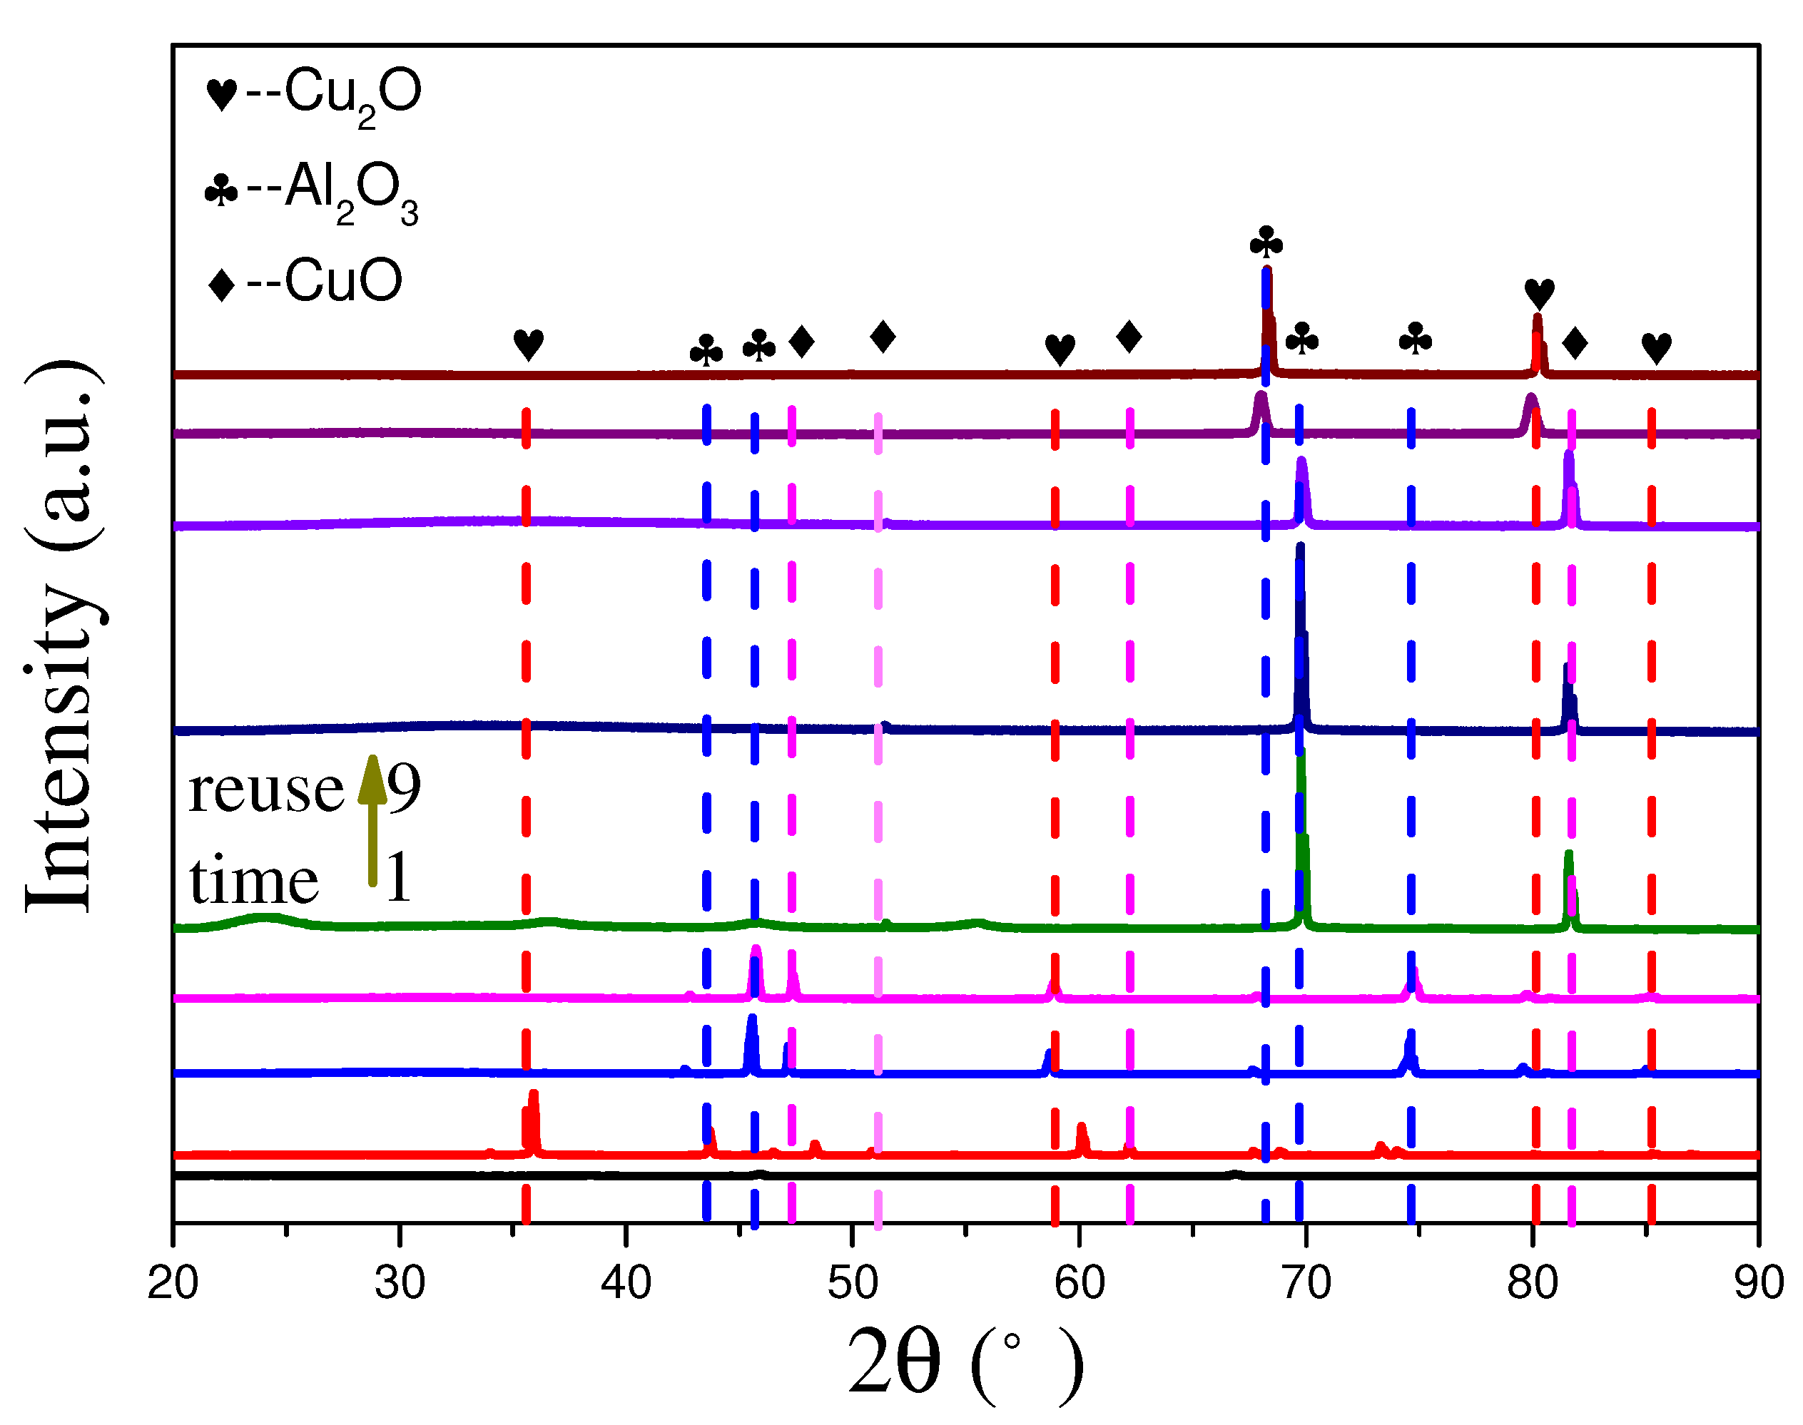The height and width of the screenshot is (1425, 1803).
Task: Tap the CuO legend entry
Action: pyautogui.click(x=305, y=281)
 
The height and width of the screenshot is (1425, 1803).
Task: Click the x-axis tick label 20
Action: pyautogui.click(x=173, y=1282)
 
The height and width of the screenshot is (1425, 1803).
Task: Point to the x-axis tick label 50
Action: pyautogui.click(x=852, y=1282)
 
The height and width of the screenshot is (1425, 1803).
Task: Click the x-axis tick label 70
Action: pyautogui.click(x=1306, y=1282)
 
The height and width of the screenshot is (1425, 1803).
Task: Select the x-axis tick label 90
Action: pyautogui.click(x=1759, y=1282)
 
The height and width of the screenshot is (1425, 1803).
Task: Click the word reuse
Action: pyautogui.click(x=265, y=790)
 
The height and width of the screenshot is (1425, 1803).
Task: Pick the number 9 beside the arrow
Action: pyautogui.click(x=404, y=787)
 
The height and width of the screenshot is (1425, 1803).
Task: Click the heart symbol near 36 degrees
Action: pyautogui.click(x=529, y=344)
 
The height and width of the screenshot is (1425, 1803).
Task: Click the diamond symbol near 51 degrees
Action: pyautogui.click(x=883, y=337)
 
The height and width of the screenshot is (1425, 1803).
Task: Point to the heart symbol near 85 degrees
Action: pyautogui.click(x=1656, y=348)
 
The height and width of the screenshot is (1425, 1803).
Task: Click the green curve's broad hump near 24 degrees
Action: pyautogui.click(x=265, y=919)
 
